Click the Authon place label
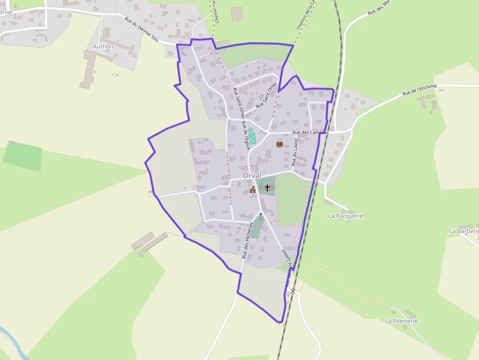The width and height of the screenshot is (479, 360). (103, 46)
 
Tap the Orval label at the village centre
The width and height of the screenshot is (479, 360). (252, 175)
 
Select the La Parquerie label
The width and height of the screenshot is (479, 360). (346, 216)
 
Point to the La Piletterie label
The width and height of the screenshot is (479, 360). (401, 321)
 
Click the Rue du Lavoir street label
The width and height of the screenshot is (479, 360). (295, 152)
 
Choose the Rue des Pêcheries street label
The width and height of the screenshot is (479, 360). (248, 240)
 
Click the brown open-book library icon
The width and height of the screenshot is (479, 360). (279, 144)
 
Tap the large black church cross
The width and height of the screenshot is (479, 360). (267, 188)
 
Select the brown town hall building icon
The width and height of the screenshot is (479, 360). (253, 190)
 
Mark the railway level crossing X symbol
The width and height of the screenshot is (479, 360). (293, 291)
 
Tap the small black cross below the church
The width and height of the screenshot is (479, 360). (261, 214)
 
